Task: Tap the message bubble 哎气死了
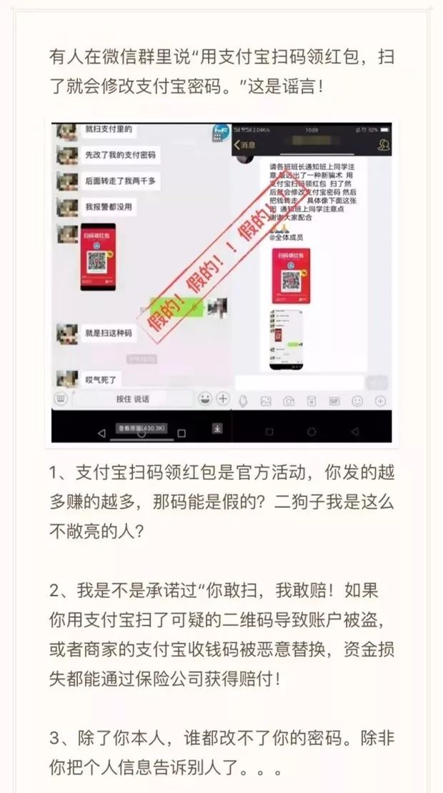101,379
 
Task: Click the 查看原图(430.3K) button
141,429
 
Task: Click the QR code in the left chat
98,256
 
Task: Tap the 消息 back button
245,145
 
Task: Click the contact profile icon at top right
383,145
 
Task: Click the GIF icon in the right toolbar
334,402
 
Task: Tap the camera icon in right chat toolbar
289,402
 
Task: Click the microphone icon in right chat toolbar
243,402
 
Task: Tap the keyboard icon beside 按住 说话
62,399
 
